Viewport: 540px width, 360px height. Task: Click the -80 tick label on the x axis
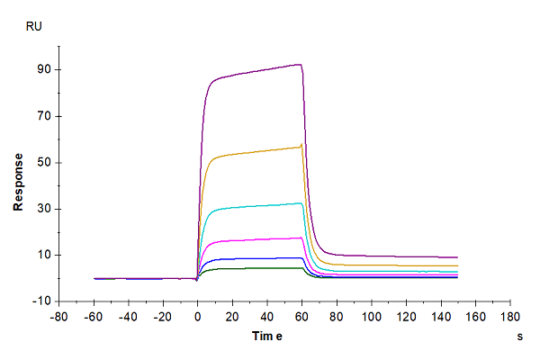tap(58, 317)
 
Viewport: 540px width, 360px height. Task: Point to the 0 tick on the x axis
tap(198, 317)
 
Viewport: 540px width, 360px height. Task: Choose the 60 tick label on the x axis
tap(302, 317)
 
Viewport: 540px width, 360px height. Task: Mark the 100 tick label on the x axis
tap(372, 317)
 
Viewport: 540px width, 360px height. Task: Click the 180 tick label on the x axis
tap(511, 317)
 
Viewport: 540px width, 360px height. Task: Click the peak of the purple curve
tap(299, 64)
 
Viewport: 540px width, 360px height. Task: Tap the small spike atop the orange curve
tap(302, 144)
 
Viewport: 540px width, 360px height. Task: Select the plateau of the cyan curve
tap(261, 206)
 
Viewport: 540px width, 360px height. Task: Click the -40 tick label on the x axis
tap(128, 317)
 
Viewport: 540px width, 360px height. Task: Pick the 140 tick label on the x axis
tap(441, 317)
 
